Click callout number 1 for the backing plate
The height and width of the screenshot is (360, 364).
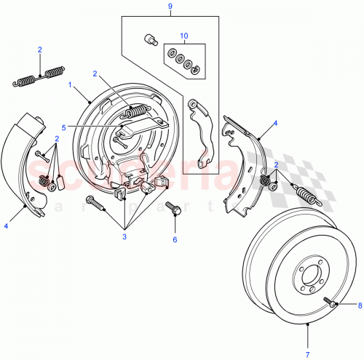click(70, 84)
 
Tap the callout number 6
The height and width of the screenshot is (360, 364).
click(174, 238)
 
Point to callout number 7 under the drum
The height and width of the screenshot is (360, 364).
click(306, 354)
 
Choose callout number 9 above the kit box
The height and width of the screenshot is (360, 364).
click(170, 7)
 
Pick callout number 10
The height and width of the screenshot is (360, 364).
click(184, 35)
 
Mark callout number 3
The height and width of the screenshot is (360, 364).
click(125, 236)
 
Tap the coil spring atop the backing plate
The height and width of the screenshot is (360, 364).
click(137, 111)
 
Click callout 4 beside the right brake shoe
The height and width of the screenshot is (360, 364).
click(274, 124)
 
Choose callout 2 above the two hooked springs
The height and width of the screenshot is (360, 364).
click(39, 49)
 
